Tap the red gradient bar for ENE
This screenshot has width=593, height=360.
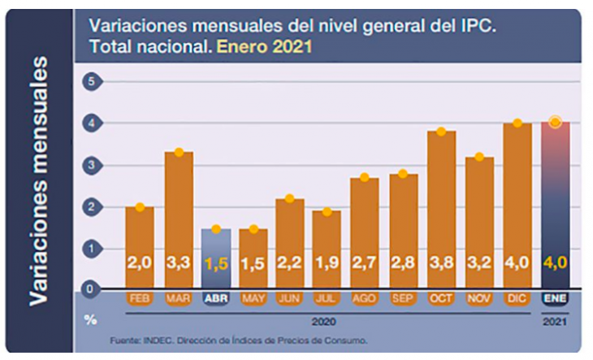tap(555, 203)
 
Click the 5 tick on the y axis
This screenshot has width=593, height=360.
tap(93, 81)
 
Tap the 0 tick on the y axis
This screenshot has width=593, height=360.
tap(93, 288)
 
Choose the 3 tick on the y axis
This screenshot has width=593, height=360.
tap(93, 165)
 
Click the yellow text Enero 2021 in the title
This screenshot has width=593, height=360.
tap(264, 47)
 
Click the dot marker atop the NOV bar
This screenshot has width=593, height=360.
tap(478, 157)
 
